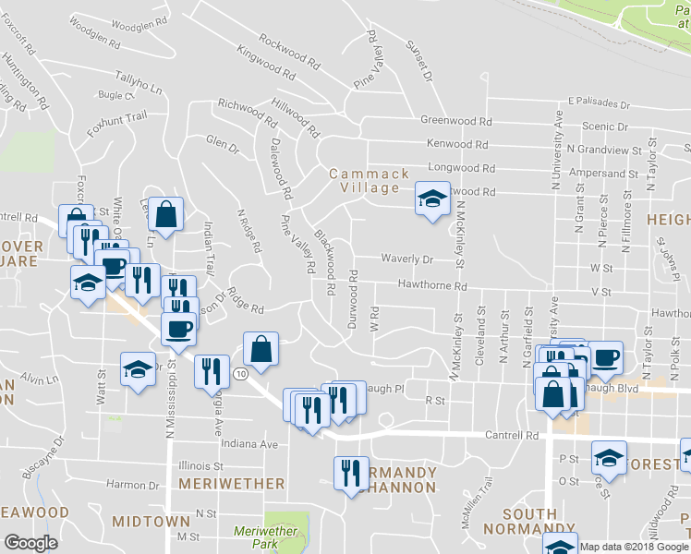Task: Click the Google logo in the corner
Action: [31, 543]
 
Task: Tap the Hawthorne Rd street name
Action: [432, 286]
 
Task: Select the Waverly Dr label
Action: [408, 260]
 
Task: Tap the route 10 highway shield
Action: [239, 374]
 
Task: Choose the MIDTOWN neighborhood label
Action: [151, 522]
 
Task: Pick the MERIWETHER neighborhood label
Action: [231, 483]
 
